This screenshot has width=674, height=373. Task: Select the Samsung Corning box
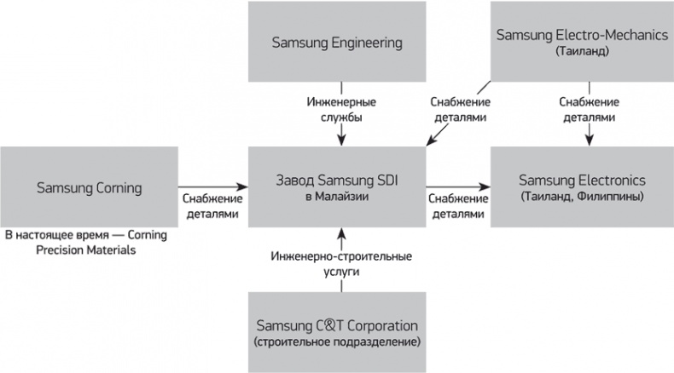point(89,186)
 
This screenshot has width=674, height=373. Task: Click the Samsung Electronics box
point(582,186)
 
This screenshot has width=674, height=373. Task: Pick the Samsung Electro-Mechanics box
point(582,41)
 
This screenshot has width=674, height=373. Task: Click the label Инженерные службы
point(341,109)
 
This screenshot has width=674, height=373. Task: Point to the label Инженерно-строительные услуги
point(341,263)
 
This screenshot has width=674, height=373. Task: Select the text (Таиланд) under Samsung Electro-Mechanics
point(582,51)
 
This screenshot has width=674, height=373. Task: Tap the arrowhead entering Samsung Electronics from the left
point(486,186)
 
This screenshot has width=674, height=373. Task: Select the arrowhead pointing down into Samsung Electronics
point(588,141)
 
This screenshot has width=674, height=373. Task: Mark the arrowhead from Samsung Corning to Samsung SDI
point(242,186)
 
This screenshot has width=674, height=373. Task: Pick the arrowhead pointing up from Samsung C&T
point(340,232)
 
